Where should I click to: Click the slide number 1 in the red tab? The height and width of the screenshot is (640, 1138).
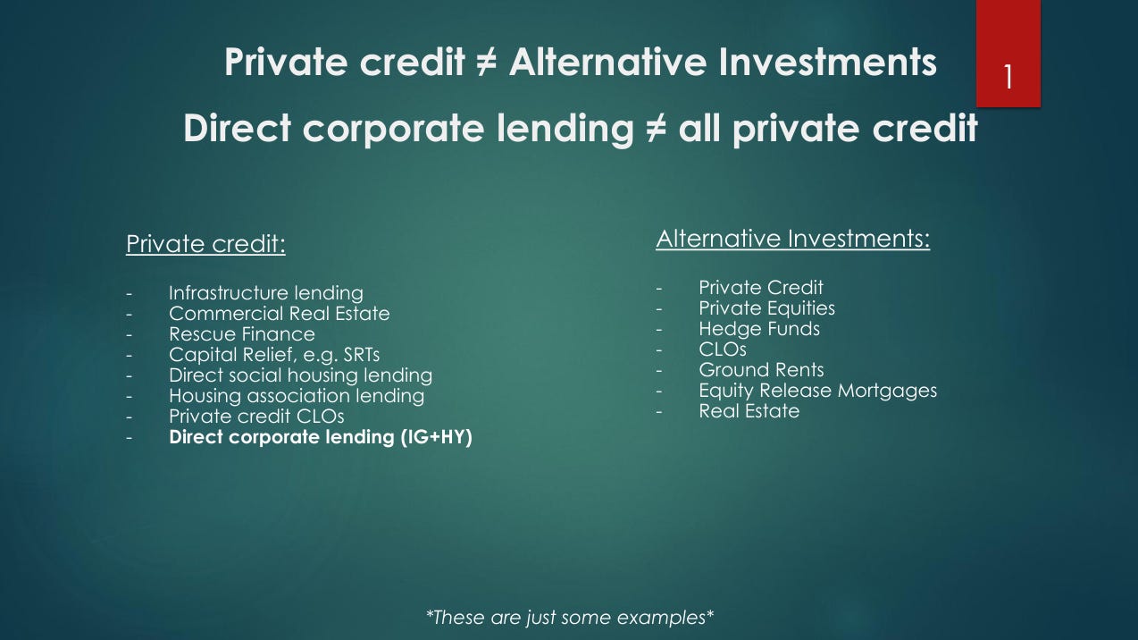coord(1008,77)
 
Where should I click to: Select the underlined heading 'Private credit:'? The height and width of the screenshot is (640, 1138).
coord(205,244)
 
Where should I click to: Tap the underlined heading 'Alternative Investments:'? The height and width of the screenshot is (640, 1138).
coord(792,239)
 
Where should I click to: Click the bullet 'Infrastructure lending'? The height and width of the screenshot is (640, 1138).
coord(266,293)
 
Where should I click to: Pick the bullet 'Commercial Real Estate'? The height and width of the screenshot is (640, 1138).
coord(280,314)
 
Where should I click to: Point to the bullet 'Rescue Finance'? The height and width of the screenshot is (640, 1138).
coord(242,334)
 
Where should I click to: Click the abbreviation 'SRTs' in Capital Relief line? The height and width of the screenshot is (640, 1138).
coord(361,355)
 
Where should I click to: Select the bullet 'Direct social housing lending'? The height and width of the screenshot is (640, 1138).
coord(301,375)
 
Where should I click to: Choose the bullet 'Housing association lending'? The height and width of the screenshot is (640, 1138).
coord(297,396)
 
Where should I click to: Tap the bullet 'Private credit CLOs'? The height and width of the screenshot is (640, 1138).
coord(256,417)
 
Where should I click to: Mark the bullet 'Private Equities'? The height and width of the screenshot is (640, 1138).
coord(766,308)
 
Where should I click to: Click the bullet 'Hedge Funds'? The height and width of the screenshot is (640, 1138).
coord(759,329)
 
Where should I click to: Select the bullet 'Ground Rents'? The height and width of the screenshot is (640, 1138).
coord(761,370)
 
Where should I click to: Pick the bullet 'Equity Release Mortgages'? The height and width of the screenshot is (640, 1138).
coord(818,391)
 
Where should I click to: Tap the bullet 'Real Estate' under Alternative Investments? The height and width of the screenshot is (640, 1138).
coord(749,411)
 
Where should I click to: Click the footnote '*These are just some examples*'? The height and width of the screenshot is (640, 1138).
coord(570,618)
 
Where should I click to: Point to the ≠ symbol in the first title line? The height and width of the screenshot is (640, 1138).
coord(487,63)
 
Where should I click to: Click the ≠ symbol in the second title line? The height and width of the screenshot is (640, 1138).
coord(657,128)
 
